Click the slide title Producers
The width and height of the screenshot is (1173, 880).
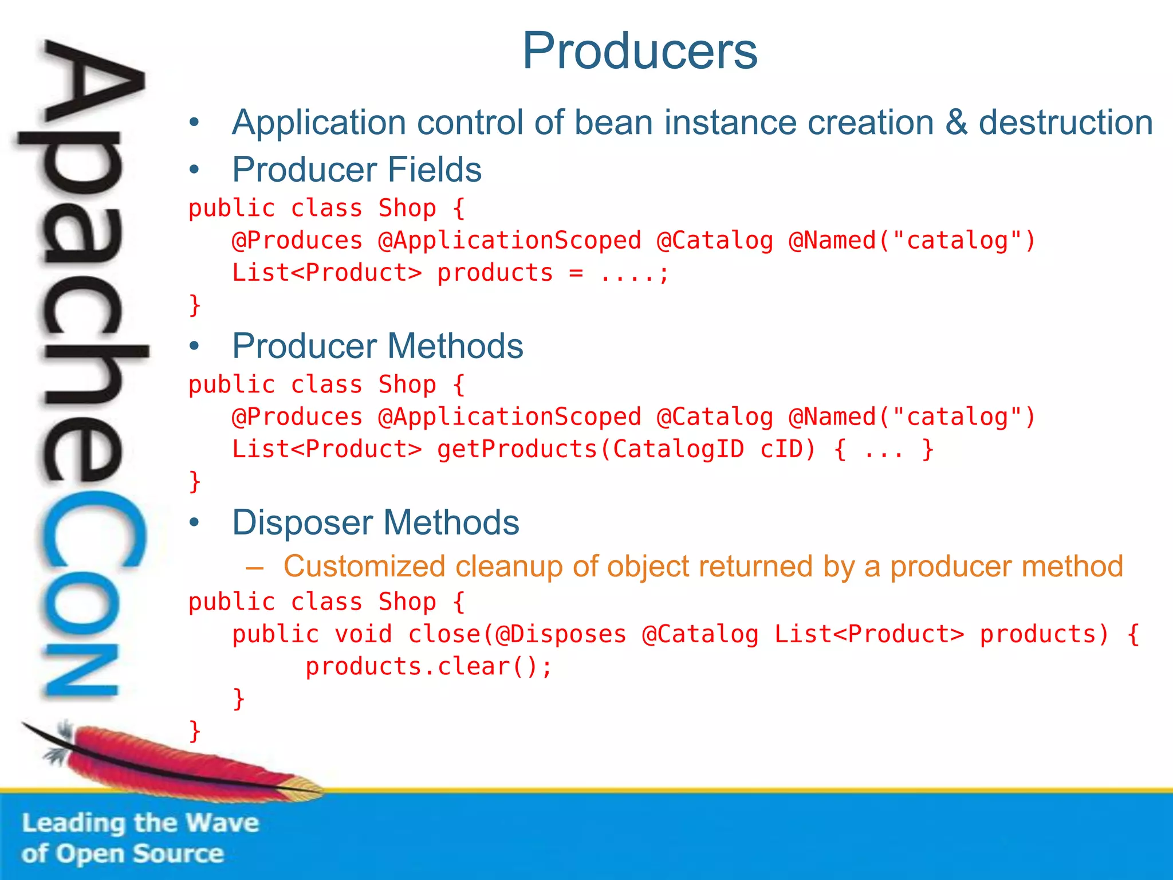640,51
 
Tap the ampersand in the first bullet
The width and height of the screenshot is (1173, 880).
956,123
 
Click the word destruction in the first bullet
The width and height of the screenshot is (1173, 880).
1065,123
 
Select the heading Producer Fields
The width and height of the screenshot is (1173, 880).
356,170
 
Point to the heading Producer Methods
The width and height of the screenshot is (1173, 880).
377,346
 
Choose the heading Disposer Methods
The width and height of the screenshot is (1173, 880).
375,522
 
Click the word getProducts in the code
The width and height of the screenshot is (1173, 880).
517,449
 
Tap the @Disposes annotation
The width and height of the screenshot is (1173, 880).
561,634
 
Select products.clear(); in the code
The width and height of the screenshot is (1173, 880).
428,667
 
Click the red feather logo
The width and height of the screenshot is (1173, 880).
172,762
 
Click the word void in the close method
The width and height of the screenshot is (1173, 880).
363,634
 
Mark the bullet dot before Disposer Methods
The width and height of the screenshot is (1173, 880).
195,522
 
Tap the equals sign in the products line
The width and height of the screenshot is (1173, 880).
576,273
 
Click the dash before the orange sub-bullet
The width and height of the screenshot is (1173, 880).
254,568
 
